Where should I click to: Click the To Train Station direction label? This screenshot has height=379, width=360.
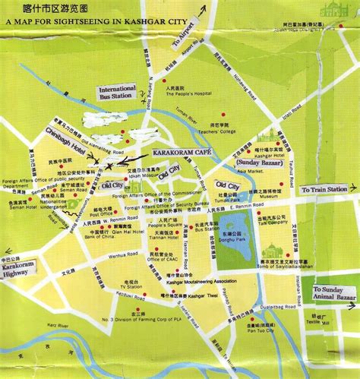324,188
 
